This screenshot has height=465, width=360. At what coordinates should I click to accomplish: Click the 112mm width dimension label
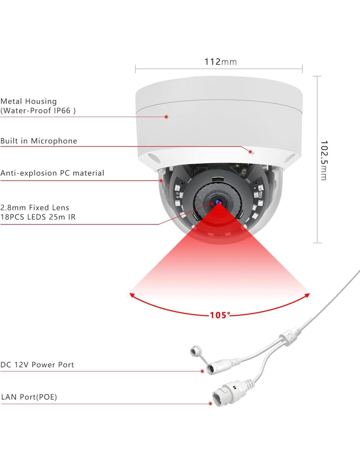[x=220, y=61]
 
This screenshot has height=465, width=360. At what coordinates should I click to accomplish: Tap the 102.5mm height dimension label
[x=324, y=160]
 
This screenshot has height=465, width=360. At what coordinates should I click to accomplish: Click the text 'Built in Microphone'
[x=39, y=141]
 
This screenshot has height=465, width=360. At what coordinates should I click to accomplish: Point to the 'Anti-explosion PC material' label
[x=52, y=173]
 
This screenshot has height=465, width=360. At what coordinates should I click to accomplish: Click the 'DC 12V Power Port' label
[x=37, y=365]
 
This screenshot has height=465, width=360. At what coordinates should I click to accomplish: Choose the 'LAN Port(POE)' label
[x=29, y=397]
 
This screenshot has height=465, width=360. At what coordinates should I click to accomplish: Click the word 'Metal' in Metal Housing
[x=11, y=101]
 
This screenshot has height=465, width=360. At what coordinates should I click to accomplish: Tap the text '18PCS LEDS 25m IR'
[x=38, y=217]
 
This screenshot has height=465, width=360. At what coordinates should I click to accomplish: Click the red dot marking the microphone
[x=250, y=152]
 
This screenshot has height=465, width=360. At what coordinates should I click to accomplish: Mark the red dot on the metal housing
[x=166, y=117]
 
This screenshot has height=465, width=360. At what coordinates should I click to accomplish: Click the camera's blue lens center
[x=218, y=202]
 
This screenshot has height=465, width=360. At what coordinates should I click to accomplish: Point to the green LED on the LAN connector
[x=234, y=387]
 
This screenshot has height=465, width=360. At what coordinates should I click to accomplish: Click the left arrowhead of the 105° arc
[x=132, y=295]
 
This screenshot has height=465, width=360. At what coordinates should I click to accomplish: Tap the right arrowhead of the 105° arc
[x=307, y=295]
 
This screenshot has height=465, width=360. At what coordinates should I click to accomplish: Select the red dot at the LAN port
[x=210, y=404]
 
